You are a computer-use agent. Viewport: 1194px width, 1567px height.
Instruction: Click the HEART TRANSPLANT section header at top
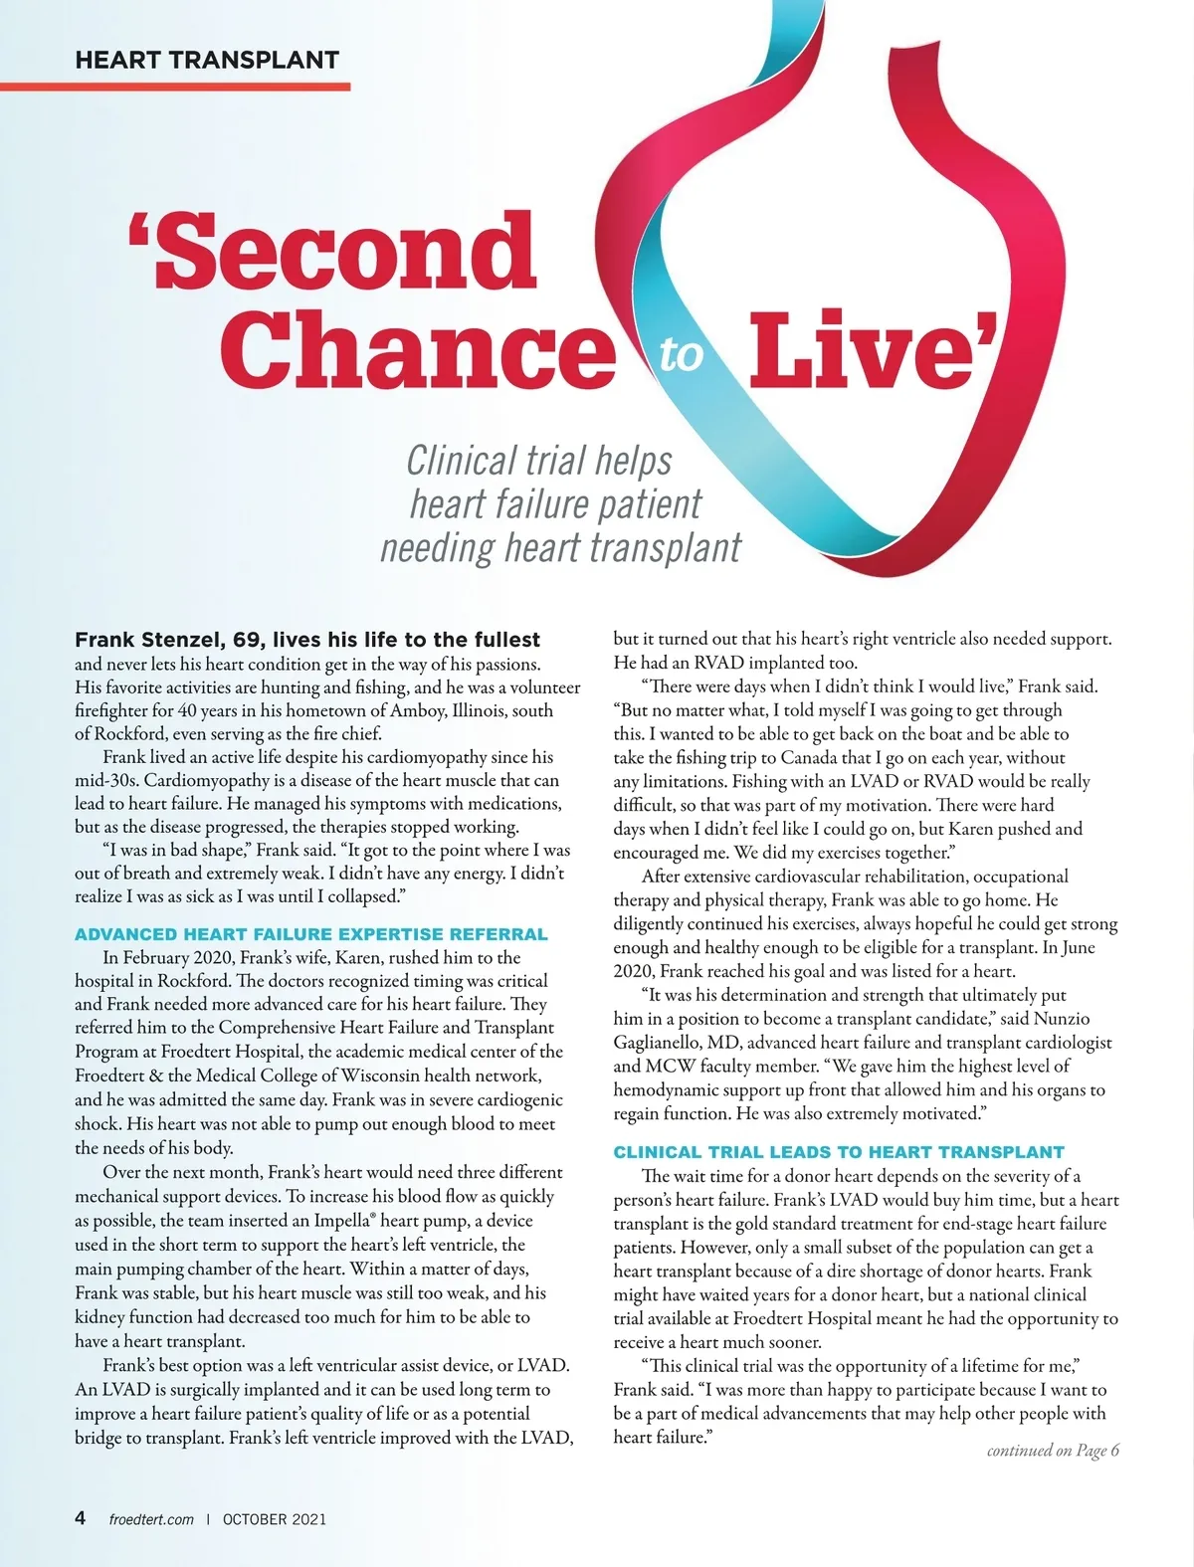click(x=207, y=60)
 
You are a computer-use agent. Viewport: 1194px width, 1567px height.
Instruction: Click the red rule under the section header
click(x=175, y=87)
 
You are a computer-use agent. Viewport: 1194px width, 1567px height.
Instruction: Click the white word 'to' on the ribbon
click(x=682, y=354)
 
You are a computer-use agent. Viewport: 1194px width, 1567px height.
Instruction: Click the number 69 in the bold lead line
click(x=248, y=639)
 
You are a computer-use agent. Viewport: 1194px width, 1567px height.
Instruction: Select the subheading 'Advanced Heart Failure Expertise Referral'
click(x=311, y=934)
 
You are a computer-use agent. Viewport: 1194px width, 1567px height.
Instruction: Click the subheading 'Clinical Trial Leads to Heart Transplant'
click(x=839, y=1152)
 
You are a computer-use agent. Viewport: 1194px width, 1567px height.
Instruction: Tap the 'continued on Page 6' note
click(x=1053, y=1451)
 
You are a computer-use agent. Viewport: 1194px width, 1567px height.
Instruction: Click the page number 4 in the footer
click(x=81, y=1518)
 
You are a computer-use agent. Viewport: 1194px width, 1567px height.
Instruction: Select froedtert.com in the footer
click(x=151, y=1519)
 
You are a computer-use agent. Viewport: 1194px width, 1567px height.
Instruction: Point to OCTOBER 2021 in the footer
click(x=275, y=1519)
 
